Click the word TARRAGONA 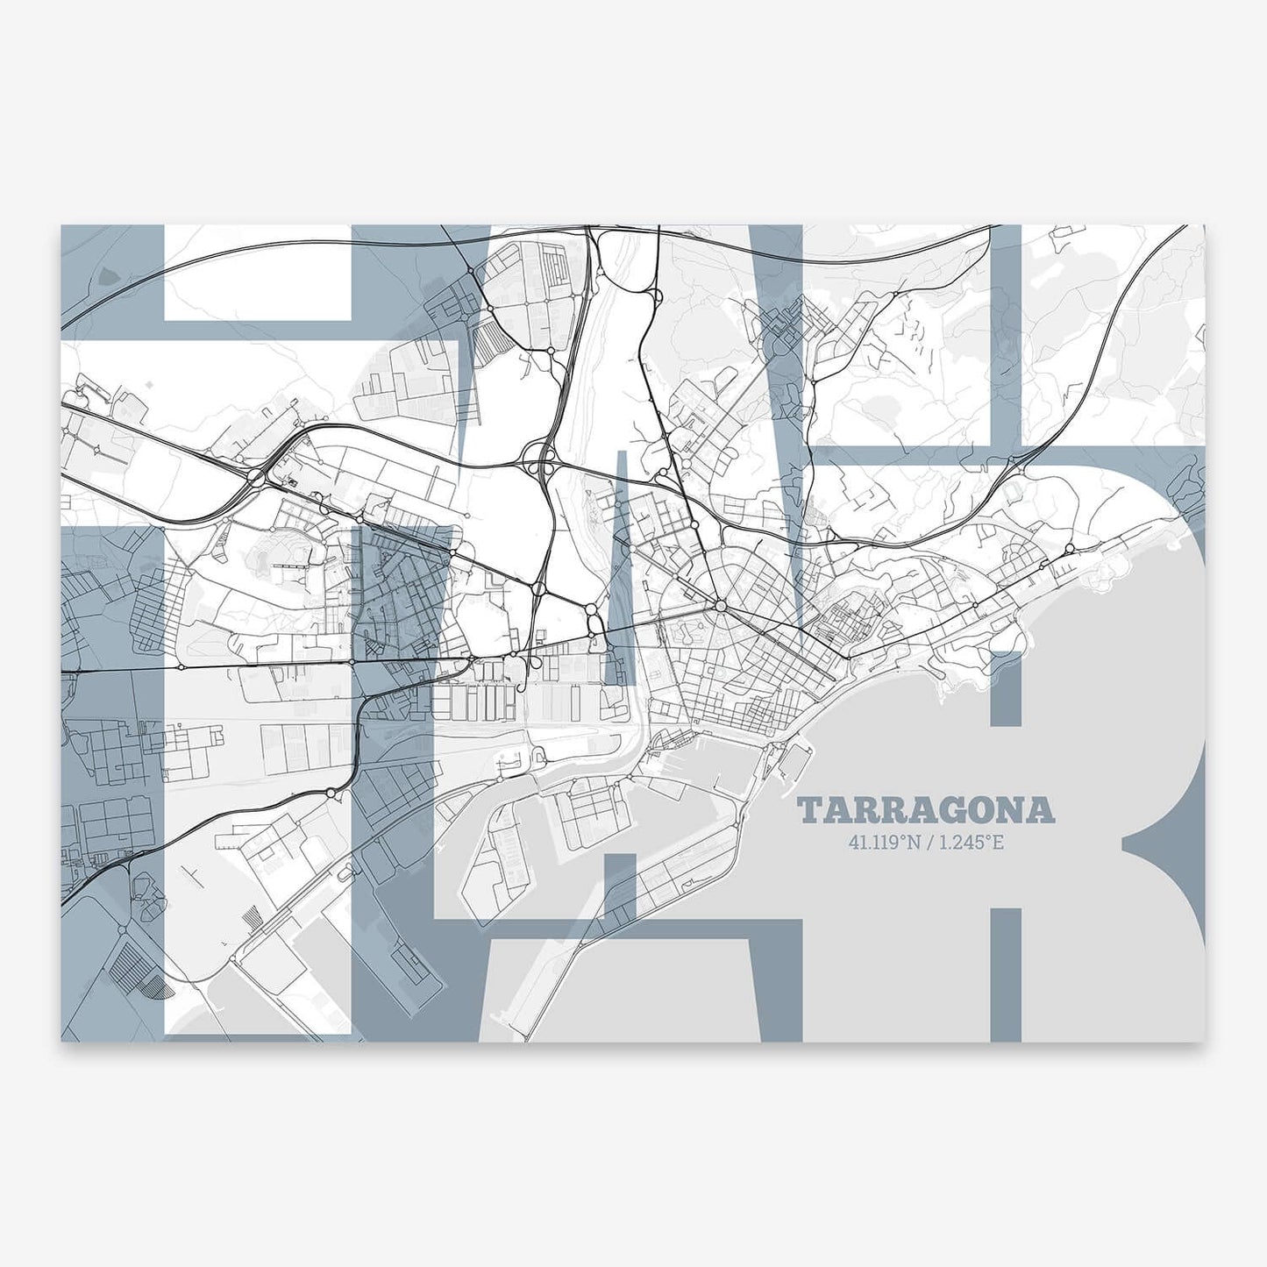point(926,811)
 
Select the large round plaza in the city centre point(719,605)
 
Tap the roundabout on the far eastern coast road point(1070,550)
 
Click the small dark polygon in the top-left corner point(106,275)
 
